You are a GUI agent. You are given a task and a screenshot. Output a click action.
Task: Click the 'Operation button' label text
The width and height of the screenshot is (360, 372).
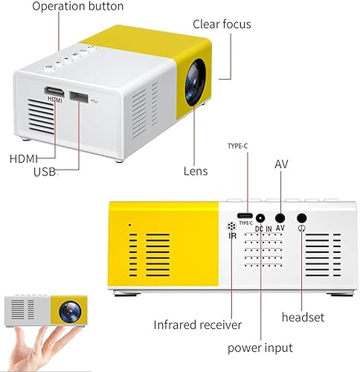coord(77,6)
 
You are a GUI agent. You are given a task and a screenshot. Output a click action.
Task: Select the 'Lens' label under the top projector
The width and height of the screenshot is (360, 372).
coord(196,170)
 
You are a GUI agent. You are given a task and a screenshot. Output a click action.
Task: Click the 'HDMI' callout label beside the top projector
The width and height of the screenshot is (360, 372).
coord(22,158)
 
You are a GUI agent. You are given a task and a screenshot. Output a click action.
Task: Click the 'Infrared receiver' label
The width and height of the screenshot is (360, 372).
coord(197,324)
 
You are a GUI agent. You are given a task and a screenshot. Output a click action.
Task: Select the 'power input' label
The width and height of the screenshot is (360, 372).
coord(260,347)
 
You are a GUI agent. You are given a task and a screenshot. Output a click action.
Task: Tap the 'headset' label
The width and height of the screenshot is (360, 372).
coord(303,317)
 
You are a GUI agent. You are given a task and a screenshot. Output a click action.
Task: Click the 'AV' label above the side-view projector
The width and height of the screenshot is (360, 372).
coord(281,164)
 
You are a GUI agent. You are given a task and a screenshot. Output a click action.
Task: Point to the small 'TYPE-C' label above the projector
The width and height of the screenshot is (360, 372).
coord(240,145)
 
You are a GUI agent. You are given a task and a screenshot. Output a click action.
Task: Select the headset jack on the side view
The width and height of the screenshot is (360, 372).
coord(302,218)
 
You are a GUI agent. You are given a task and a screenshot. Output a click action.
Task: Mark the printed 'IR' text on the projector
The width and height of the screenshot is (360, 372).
coord(232,236)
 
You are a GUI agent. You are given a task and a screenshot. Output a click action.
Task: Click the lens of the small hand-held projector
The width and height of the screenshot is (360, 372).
coord(71,308)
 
